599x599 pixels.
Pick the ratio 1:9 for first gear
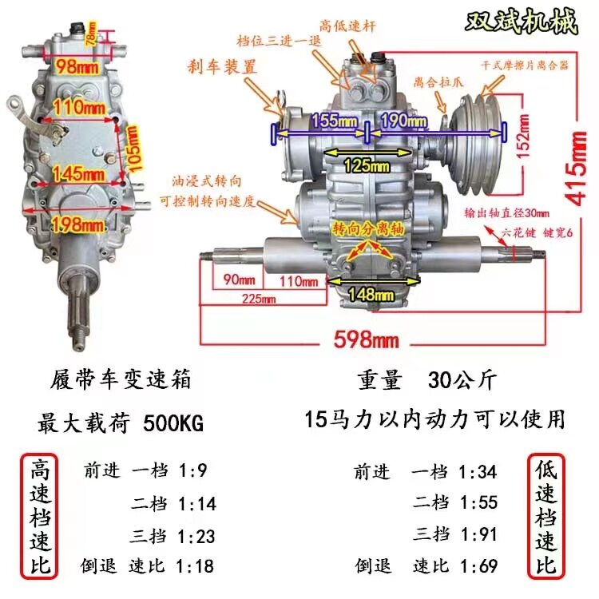[191, 471]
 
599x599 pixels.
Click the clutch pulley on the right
[475, 128]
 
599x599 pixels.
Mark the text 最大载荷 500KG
[120, 423]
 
